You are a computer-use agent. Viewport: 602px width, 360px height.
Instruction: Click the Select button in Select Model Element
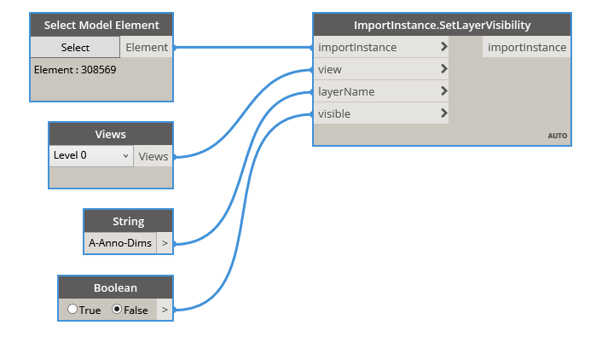click(76, 48)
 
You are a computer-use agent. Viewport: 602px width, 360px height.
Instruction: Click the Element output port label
click(147, 48)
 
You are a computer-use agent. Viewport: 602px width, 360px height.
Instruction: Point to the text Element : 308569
click(75, 69)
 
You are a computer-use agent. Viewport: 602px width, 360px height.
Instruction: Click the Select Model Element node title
click(101, 25)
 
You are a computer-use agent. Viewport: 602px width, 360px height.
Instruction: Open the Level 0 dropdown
click(91, 156)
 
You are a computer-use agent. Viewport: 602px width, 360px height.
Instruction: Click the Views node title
click(111, 134)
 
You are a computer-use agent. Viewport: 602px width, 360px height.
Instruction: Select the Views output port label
click(153, 156)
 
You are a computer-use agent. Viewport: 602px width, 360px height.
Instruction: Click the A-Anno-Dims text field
click(120, 243)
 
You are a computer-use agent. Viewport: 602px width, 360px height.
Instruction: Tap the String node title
click(128, 221)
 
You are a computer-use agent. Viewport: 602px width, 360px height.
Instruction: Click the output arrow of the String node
click(165, 243)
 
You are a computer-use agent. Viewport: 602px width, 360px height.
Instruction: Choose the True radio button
click(73, 310)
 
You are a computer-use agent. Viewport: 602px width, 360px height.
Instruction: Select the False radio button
click(118, 310)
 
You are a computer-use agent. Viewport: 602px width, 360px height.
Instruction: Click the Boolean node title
click(116, 287)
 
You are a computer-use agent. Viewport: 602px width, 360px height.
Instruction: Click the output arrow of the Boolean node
click(165, 310)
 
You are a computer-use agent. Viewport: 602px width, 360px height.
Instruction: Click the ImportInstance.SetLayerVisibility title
click(442, 25)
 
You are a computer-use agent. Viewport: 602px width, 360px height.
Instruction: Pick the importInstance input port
click(380, 48)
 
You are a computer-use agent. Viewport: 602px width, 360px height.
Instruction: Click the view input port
click(380, 70)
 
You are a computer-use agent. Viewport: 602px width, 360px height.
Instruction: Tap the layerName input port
click(380, 92)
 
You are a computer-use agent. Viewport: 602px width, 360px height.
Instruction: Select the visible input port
click(380, 114)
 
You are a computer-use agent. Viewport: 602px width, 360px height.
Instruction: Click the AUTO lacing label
click(557, 136)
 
